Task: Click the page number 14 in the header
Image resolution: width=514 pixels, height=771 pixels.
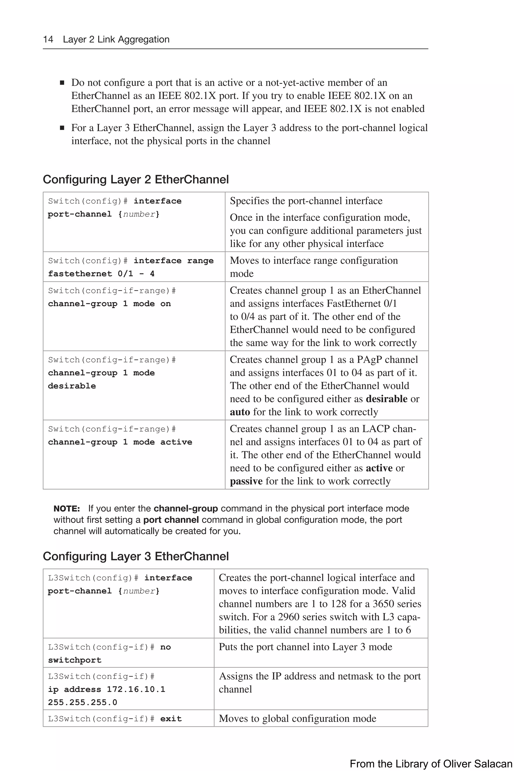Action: (48, 39)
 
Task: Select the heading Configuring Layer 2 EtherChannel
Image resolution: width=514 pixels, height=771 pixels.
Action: (136, 180)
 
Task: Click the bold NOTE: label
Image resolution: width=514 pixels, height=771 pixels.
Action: (67, 509)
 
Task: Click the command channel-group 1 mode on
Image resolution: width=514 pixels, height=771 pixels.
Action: (109, 304)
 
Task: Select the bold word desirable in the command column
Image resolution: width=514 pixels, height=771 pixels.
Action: (72, 386)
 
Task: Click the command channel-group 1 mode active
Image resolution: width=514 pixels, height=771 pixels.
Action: (120, 442)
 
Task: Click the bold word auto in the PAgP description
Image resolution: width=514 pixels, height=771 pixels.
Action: (240, 412)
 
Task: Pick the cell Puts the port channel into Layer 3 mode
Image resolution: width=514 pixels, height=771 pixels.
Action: (305, 647)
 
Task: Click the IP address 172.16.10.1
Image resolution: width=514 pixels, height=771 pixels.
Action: (136, 689)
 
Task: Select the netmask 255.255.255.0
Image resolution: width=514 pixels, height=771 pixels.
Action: (82, 702)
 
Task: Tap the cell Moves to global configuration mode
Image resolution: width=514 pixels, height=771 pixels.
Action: (297, 719)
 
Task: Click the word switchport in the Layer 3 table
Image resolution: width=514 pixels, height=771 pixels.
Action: (75, 660)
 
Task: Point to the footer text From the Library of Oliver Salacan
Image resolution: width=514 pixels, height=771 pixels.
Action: (430, 764)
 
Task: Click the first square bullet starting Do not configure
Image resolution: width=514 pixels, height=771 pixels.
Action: (62, 83)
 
